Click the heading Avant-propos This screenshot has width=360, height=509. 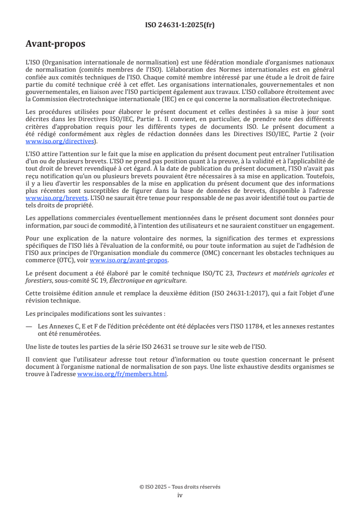55,44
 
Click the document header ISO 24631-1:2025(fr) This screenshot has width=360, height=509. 180,25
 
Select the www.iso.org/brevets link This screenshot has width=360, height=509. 56,198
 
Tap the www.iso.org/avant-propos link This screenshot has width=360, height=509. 129,260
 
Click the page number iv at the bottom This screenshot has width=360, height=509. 180,495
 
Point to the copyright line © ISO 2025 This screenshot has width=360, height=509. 180,487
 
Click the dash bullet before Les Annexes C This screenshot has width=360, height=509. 29,326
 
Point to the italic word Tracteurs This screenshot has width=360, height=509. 252,274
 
